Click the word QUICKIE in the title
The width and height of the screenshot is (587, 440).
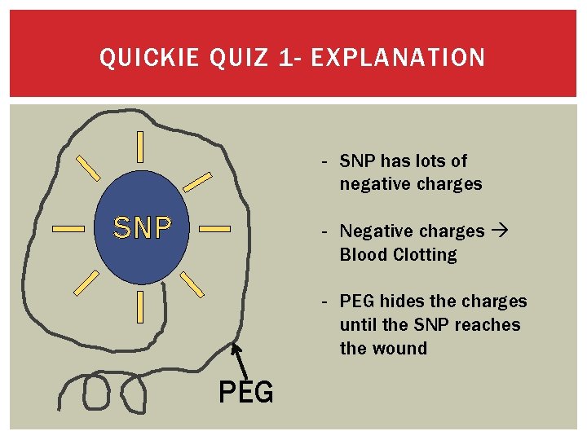click(149, 58)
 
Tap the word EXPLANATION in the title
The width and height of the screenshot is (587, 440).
click(399, 58)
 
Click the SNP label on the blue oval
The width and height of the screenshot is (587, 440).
click(143, 229)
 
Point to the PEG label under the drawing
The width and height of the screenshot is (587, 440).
click(246, 393)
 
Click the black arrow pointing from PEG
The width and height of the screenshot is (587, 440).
click(240, 361)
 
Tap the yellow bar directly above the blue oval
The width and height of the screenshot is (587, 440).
click(141, 146)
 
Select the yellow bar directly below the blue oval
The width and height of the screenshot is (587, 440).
click(141, 307)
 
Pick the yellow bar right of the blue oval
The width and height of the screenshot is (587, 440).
click(215, 230)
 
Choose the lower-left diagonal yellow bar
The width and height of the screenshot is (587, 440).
click(86, 283)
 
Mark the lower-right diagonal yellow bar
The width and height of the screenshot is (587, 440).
click(192, 283)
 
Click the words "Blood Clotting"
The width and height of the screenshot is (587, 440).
click(399, 255)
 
